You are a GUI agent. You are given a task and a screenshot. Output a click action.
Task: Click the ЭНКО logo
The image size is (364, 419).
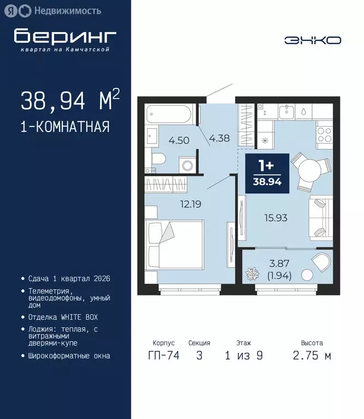(313, 40)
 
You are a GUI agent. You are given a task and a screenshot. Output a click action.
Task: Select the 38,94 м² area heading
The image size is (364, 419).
(70, 100)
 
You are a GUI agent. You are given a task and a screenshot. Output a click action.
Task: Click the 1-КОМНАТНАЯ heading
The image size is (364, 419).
(65, 127)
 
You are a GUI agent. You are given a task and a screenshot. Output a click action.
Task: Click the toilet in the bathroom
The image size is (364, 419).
(158, 159)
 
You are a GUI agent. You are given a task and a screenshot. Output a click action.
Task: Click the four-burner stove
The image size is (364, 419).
(324, 134)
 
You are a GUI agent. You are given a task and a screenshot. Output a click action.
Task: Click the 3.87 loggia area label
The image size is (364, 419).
(279, 266)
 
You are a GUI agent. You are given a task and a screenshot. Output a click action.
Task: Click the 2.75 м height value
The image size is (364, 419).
(312, 356)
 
